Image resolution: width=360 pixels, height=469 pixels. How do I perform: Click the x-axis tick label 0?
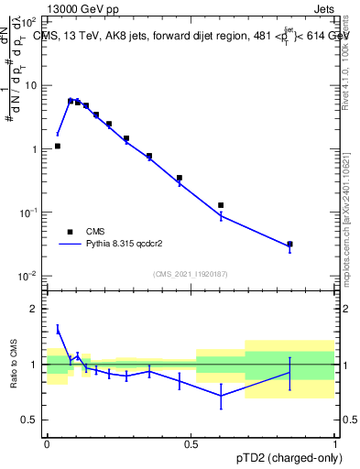click(x=47, y=444)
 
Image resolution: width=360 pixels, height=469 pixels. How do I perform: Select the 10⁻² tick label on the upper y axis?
click(x=30, y=276)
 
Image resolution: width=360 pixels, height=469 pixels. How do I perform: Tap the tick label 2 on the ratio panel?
click(x=35, y=310)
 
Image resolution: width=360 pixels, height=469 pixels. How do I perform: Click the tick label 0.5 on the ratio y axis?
click(x=31, y=420)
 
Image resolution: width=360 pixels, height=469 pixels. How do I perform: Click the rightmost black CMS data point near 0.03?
click(x=289, y=245)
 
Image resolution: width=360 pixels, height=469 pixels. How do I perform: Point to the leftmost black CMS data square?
click(x=58, y=146)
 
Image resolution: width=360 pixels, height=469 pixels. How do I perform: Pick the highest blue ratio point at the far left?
click(x=58, y=329)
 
